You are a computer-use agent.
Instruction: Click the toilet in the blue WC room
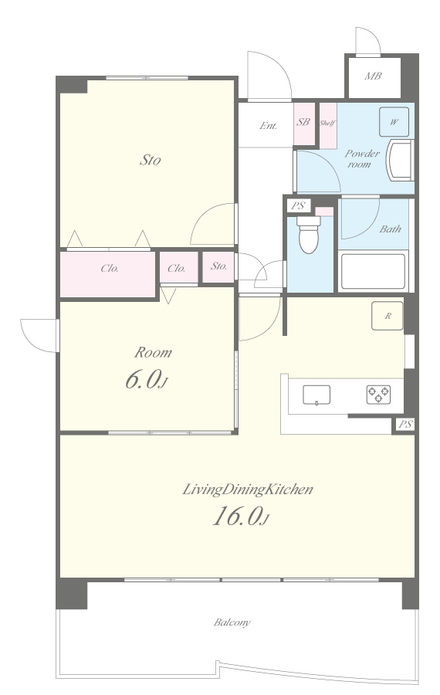pos(309,234)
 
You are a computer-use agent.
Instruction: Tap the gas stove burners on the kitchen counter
pos(378,394)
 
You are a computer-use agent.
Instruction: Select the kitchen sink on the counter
pos(316,395)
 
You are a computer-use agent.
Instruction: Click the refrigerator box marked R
pos(388,316)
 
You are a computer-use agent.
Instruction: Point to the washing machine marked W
pos(394,122)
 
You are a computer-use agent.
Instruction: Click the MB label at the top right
pos(373,76)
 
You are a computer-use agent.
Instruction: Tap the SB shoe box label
pos(303,122)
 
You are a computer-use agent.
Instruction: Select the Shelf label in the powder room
pos(327,124)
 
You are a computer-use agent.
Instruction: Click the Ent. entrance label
pos(269,125)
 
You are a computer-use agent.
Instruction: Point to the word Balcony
pos(232,622)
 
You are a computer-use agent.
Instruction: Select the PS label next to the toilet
pos(298,205)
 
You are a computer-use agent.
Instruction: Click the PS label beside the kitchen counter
pos(405,424)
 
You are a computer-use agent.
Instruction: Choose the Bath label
pos(391,229)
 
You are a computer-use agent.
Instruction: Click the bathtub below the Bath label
pos(373,271)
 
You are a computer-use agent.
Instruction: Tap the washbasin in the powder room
pos(400,160)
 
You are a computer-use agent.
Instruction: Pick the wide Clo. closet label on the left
pos(110,268)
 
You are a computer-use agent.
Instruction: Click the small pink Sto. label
pos(219,266)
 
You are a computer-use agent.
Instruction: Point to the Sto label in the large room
pos(151,160)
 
